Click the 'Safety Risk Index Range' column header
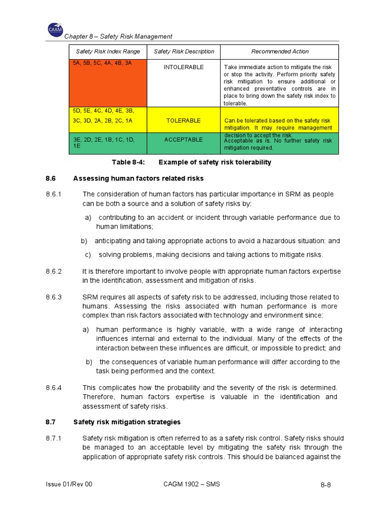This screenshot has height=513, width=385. point(108,52)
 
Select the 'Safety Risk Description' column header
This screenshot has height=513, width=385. point(183,52)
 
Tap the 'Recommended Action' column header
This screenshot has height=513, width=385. point(280,52)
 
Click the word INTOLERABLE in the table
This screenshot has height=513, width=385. point(183,67)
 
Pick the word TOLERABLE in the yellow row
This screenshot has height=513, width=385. point(183,121)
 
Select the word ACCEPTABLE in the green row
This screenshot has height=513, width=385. point(183,140)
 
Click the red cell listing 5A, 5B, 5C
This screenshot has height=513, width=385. point(107,83)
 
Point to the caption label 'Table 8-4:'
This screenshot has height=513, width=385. point(125,162)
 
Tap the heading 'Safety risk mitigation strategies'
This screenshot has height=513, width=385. point(127,422)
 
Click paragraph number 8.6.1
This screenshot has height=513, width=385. point(53,194)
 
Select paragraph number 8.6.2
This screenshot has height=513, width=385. point(53,272)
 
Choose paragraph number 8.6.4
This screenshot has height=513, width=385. point(53,388)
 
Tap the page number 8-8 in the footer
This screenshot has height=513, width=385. point(326,485)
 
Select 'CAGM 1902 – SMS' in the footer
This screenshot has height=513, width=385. point(192,484)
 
